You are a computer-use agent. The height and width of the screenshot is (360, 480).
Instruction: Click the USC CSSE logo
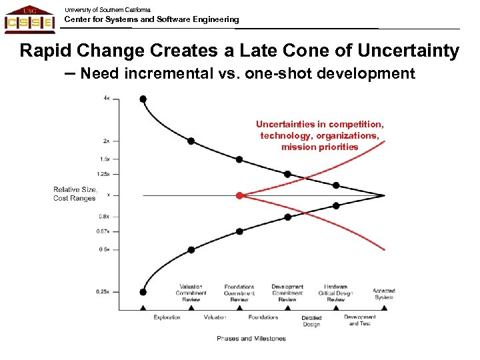29,20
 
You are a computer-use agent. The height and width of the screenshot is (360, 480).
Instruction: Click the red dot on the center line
239,195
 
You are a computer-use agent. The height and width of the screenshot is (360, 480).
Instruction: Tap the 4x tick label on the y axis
107,99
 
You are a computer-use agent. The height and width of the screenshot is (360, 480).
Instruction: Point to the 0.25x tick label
103,291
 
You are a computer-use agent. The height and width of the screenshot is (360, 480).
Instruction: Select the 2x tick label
107,141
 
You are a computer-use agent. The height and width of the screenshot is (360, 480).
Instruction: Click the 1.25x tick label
103,174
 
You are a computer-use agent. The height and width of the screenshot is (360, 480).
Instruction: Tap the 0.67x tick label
103,231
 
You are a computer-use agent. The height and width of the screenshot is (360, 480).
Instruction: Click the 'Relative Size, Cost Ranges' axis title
75,194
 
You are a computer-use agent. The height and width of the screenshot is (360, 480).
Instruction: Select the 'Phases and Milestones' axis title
251,339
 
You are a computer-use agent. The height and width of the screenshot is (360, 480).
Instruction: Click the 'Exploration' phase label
167,317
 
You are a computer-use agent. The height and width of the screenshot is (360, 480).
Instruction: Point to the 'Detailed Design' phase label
311,321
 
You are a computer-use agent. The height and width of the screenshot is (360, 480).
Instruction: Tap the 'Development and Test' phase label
360,320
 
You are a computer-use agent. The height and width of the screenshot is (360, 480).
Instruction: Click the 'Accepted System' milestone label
384,294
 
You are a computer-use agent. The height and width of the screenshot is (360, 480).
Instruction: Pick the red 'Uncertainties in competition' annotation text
320,135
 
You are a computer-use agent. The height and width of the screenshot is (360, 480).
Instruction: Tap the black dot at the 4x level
143,99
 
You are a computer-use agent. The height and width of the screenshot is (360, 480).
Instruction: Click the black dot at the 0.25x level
143,291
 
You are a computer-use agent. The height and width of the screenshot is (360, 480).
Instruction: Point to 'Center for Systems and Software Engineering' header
151,19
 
